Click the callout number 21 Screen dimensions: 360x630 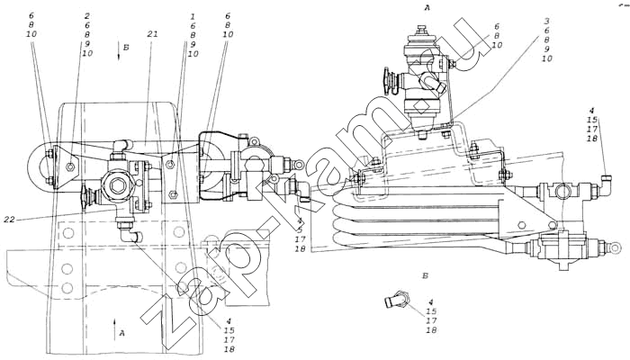(x=152, y=33)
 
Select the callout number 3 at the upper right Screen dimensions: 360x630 (x=545, y=21)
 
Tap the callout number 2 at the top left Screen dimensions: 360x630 (x=86, y=16)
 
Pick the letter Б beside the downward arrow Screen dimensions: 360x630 (x=128, y=44)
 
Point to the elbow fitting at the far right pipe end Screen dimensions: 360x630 (x=604, y=187)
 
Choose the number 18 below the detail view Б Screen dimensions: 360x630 (x=432, y=331)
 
